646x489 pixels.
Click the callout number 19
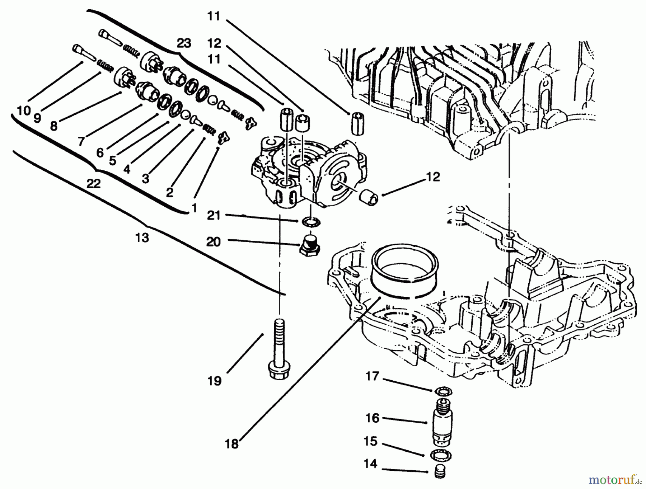point(214,381)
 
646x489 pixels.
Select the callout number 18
point(232,444)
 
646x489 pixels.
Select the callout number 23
point(184,43)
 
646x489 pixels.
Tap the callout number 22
point(93,183)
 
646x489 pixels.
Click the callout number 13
point(142,238)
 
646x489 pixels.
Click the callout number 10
point(24,111)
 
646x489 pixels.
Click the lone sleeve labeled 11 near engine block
point(356,123)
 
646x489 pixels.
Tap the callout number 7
point(81,142)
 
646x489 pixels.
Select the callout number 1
point(194,208)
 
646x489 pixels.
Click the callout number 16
point(373,418)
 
